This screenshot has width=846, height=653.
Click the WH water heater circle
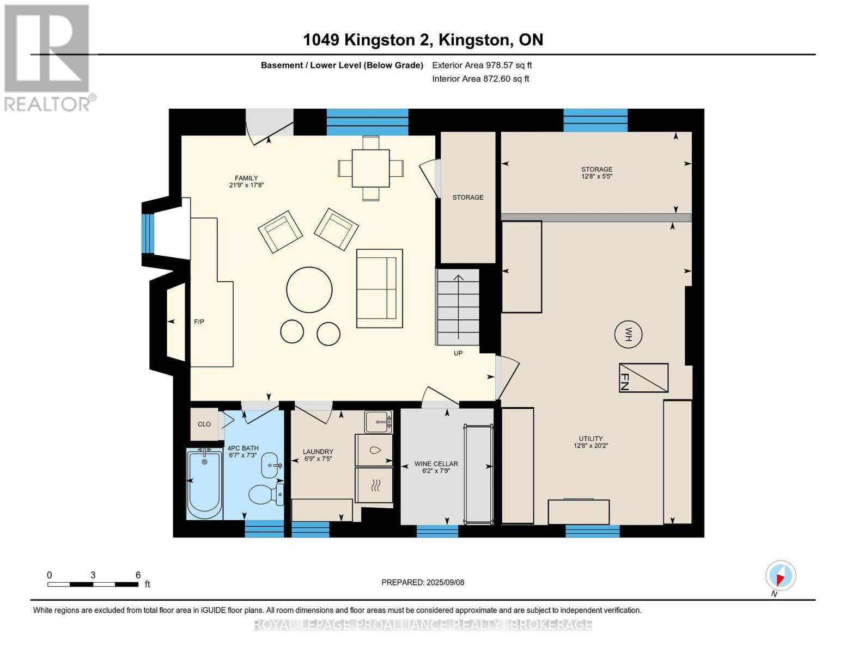(x=628, y=334)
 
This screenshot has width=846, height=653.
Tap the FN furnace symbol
(x=643, y=378)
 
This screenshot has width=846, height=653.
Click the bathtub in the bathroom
(x=204, y=484)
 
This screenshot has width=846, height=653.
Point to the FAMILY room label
(x=246, y=181)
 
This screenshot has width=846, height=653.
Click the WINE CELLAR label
(x=436, y=467)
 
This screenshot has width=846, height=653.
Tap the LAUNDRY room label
(x=318, y=455)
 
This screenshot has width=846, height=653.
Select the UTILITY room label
(x=591, y=442)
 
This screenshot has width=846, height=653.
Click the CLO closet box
(x=204, y=424)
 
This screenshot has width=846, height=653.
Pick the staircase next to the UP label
(x=458, y=307)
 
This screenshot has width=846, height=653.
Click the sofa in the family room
(x=380, y=288)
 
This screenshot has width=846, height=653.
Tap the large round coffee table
(x=309, y=289)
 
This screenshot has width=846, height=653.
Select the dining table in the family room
(x=370, y=168)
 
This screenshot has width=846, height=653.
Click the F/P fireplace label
(x=199, y=322)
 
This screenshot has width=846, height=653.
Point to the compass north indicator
(x=781, y=576)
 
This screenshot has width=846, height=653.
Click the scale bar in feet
(x=93, y=584)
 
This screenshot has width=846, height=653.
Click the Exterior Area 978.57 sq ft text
(x=482, y=65)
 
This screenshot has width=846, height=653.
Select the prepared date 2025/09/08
(x=423, y=582)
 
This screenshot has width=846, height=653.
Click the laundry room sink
(x=378, y=421)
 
